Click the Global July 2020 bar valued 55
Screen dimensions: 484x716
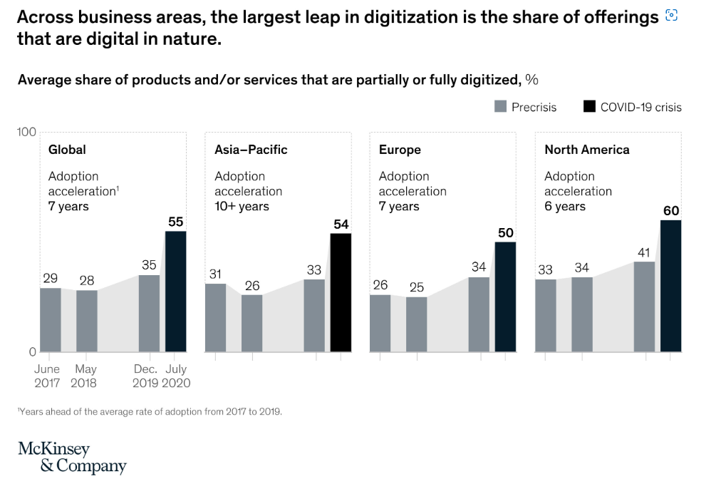pos(175,291)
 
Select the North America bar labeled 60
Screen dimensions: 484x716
pos(670,285)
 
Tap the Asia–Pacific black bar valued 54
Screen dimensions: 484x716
pos(341,292)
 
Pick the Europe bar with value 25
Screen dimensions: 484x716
pos(416,324)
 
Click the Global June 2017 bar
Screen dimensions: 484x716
pos(50,319)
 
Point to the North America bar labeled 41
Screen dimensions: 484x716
pos(644,307)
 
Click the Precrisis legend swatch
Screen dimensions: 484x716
pos(499,107)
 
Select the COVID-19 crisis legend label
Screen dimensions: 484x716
pos(640,107)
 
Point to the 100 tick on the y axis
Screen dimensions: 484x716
pos(26,132)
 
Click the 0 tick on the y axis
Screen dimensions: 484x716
pos(32,351)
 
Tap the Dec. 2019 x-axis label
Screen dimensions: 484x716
pos(145,376)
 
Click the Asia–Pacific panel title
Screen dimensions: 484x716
pos(251,150)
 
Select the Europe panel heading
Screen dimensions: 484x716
pos(400,150)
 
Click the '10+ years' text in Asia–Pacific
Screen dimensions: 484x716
pos(242,206)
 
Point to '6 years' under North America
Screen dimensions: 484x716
pos(564,206)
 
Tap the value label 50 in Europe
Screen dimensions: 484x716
pos(505,233)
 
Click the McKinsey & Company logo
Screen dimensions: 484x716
pos(72,457)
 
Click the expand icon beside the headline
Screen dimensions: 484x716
pos(670,16)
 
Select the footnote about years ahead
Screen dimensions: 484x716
pos(150,411)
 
